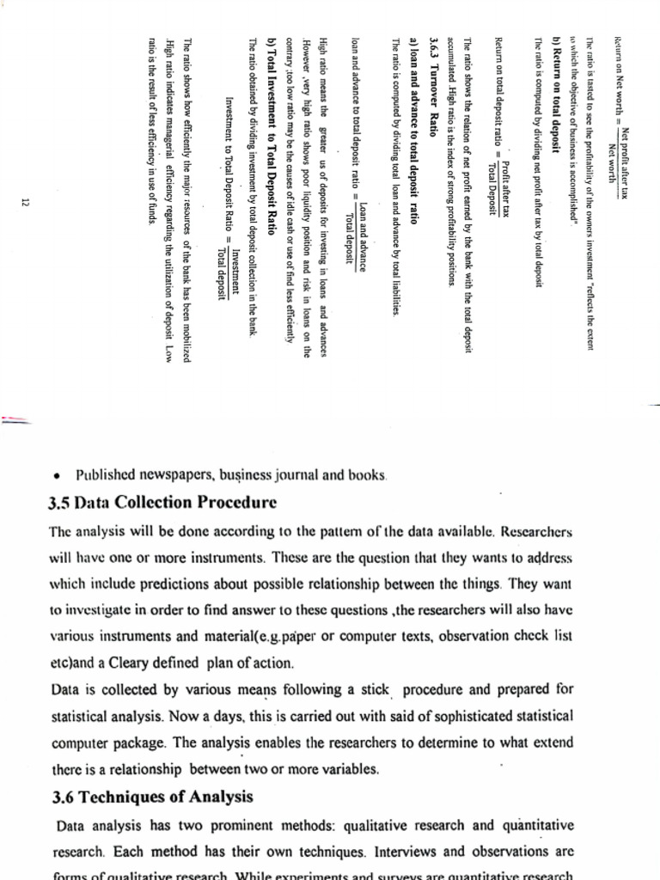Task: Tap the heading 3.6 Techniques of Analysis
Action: [x=152, y=796]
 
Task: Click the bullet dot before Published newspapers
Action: [x=57, y=474]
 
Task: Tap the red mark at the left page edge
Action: [x=17, y=420]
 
